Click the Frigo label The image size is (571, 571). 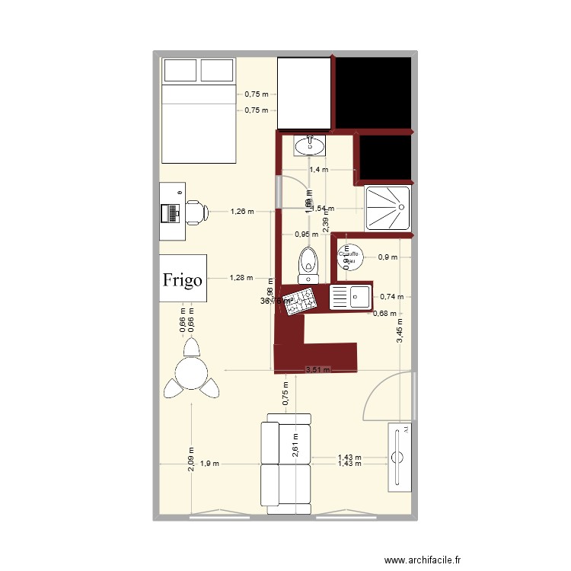tap(183, 279)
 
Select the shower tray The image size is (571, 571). tap(388, 207)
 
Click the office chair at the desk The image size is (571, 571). tap(196, 212)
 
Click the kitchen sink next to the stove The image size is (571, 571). tap(350, 296)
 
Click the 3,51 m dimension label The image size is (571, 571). tap(317, 371)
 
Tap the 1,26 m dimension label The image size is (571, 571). tap(242, 212)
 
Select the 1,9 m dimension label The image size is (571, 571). tap(211, 463)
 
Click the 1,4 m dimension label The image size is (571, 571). tap(318, 170)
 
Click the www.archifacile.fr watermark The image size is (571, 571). tap(423, 560)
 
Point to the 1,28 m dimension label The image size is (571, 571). tap(241, 278)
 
